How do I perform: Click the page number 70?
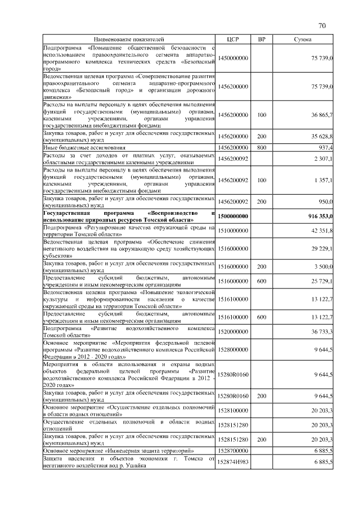click(x=322, y=25)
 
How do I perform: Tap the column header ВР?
click(x=262, y=39)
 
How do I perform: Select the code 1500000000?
click(x=233, y=217)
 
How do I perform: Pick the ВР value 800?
click(x=262, y=147)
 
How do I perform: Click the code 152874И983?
click(x=233, y=461)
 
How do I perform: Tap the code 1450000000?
click(x=233, y=58)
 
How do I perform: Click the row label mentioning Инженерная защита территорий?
click(x=119, y=451)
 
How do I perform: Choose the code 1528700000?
click(x=233, y=451)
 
